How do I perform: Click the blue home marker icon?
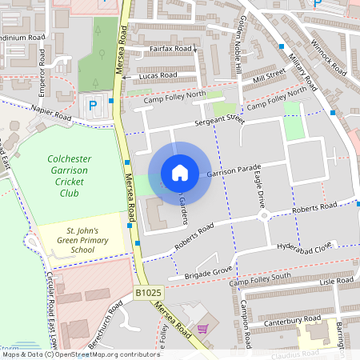click(x=180, y=172)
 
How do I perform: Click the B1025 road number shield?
click(x=148, y=294)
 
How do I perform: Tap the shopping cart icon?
click(x=202, y=328)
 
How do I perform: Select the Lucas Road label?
click(x=157, y=75)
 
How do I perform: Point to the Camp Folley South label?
click(x=260, y=281)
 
